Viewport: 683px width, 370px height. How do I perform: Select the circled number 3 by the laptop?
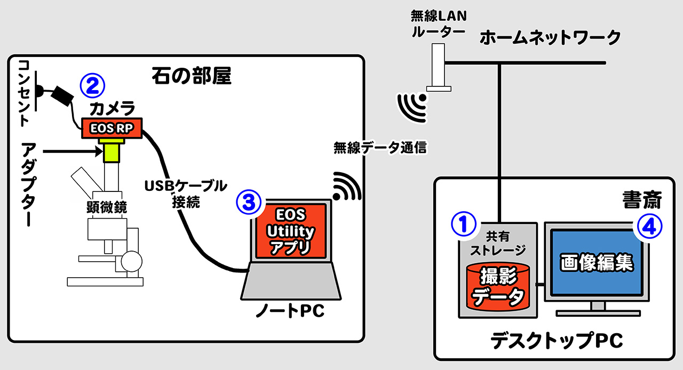pos(248,202)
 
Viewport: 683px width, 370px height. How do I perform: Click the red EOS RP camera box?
pos(111,128)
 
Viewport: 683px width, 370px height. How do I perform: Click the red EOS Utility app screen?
pos(290,232)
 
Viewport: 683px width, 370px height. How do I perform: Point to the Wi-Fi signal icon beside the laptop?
pos(346,187)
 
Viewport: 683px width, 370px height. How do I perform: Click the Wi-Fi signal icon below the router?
pos(413,104)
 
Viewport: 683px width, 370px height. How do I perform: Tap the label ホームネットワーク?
pos(550,38)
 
